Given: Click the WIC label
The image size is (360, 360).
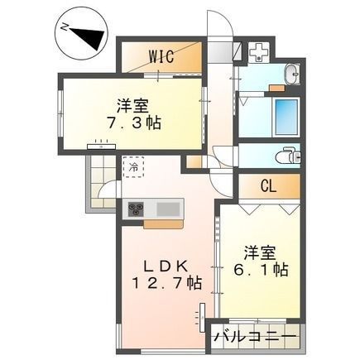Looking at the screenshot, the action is [161, 56].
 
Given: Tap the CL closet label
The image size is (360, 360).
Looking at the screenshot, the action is [268, 187].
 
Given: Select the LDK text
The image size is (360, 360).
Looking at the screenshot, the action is [166, 266].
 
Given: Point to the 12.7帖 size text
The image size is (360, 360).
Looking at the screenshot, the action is [167, 283].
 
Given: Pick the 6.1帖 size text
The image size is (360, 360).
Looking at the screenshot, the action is [261, 270].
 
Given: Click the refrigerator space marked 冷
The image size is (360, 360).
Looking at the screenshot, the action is [133, 167].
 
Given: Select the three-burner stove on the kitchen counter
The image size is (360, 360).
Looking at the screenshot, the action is [136, 209].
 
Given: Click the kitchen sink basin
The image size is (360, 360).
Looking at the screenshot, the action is [168, 209].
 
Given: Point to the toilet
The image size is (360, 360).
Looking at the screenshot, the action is [288, 156].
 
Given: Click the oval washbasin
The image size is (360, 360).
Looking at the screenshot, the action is [292, 74].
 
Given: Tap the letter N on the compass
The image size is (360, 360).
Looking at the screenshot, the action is [65, 27].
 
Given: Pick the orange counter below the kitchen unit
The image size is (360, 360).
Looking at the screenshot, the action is [164, 224].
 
